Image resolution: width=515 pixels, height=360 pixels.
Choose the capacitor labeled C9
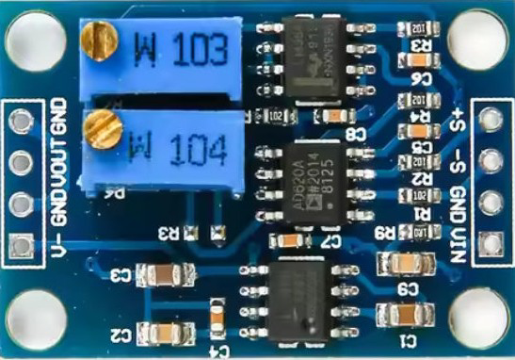[397, 265]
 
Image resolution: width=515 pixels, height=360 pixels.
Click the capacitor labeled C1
[397, 313]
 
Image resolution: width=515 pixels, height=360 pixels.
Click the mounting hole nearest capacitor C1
[477, 319]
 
